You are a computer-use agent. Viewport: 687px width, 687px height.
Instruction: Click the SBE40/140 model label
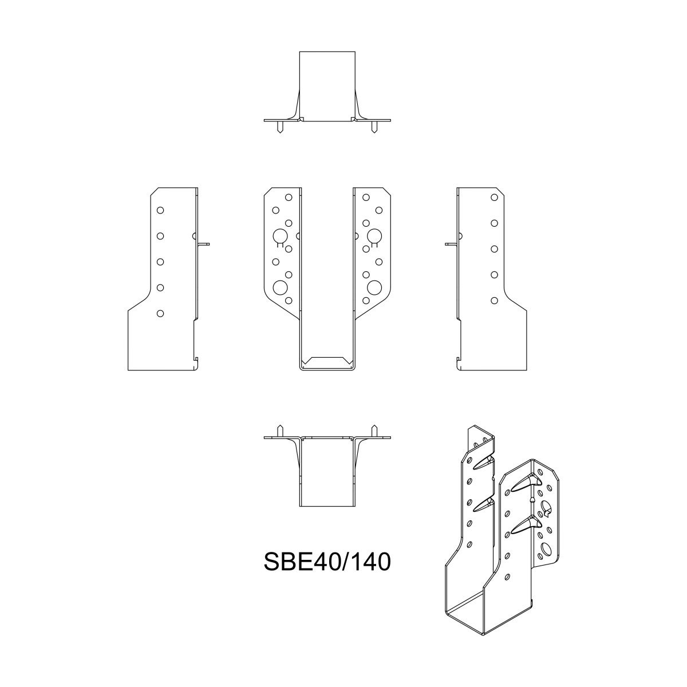[x=327, y=562]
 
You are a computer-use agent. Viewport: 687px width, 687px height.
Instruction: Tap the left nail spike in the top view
[x=279, y=127]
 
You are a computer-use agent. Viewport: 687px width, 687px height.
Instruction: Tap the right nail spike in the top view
[x=374, y=127]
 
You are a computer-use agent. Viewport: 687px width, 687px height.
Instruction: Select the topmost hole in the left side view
[x=160, y=210]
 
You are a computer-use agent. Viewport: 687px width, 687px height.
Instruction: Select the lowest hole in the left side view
[x=160, y=313]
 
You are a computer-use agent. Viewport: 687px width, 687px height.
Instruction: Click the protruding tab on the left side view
[x=204, y=243]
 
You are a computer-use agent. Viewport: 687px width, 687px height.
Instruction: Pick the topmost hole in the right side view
[x=494, y=197]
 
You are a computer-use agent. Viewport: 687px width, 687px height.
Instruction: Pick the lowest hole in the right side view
[x=494, y=300]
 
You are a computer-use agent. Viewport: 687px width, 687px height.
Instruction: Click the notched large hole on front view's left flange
[x=281, y=236]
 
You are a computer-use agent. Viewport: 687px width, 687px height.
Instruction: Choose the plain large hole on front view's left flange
[x=281, y=287]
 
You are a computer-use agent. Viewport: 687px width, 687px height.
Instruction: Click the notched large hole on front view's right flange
[x=374, y=236]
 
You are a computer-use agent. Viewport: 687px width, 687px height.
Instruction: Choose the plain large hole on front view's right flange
[x=374, y=287]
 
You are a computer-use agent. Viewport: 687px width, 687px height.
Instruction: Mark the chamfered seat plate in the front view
[x=327, y=361]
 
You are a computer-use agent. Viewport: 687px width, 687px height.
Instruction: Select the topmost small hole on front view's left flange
[x=289, y=197]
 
